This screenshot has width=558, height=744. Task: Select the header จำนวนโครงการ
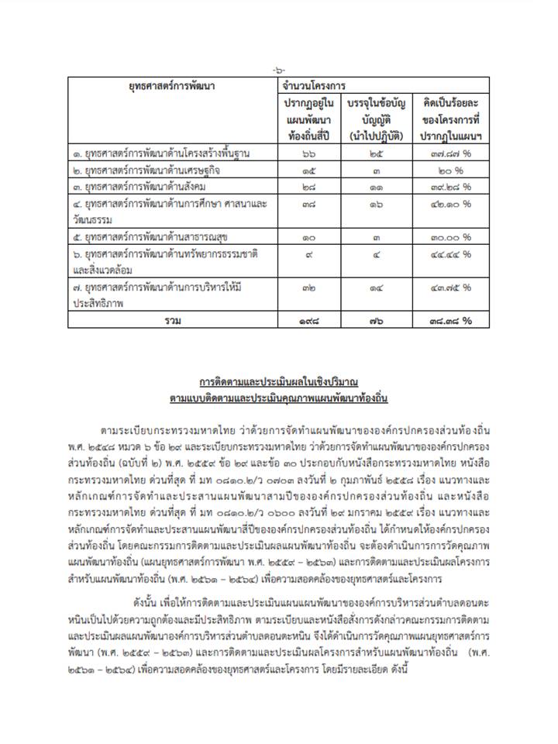314,87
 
